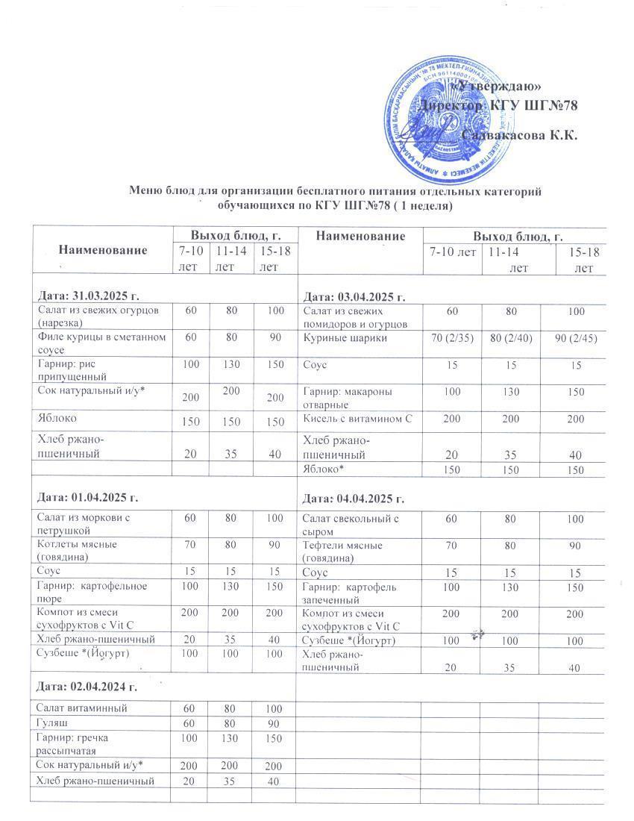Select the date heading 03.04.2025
(x=353, y=297)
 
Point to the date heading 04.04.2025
(x=353, y=499)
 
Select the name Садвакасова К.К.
(x=520, y=135)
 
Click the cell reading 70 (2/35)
(x=451, y=337)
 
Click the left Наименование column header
(x=103, y=249)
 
